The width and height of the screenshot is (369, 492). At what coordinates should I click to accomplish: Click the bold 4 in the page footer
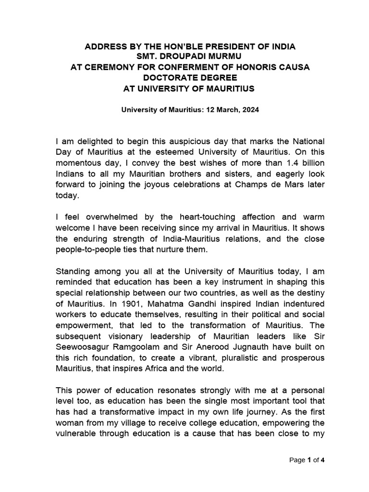pyautogui.click(x=323, y=460)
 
